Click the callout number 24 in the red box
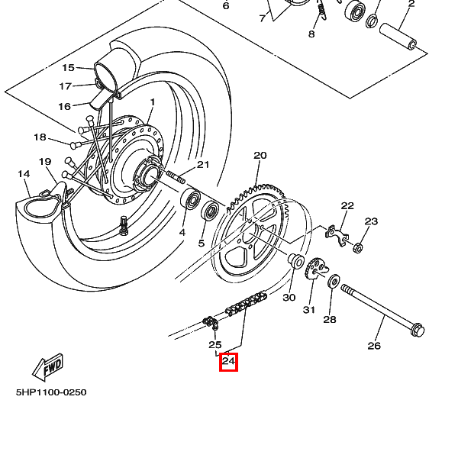pyautogui.click(x=228, y=362)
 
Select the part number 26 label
pyautogui.click(x=373, y=346)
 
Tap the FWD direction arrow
pyautogui.click(x=47, y=367)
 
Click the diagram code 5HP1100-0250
pyautogui.click(x=51, y=392)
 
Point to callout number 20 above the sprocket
pyautogui.click(x=260, y=156)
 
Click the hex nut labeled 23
pyautogui.click(x=357, y=247)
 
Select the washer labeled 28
pyautogui.click(x=334, y=282)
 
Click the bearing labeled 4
pyautogui.click(x=190, y=202)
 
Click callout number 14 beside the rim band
pyautogui.click(x=24, y=174)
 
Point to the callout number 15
pyautogui.click(x=69, y=68)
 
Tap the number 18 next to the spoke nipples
pyautogui.click(x=40, y=137)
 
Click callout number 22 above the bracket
pyautogui.click(x=347, y=206)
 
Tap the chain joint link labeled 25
pyautogui.click(x=211, y=325)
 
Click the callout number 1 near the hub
pyautogui.click(x=152, y=102)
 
